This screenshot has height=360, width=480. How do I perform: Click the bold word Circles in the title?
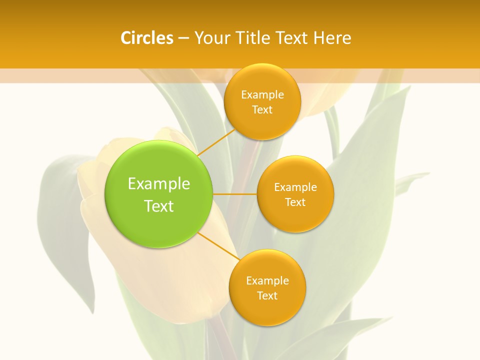click(146, 38)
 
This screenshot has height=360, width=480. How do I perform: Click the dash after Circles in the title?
click(183, 38)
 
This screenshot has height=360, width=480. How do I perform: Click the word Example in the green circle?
click(159, 184)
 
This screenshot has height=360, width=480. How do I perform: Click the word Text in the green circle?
click(159, 206)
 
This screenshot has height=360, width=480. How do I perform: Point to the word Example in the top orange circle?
click(262, 95)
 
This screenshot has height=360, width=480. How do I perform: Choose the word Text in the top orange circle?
click(262, 110)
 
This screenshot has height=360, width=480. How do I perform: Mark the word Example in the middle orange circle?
click(295, 187)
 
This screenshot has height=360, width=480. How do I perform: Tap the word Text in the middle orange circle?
click(295, 202)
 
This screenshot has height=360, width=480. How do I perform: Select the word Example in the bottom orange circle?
click(267, 281)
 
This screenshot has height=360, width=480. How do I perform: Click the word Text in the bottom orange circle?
click(267, 296)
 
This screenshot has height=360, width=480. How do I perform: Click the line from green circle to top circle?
click(217, 142)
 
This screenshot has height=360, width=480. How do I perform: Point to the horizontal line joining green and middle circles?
click(235, 194)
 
